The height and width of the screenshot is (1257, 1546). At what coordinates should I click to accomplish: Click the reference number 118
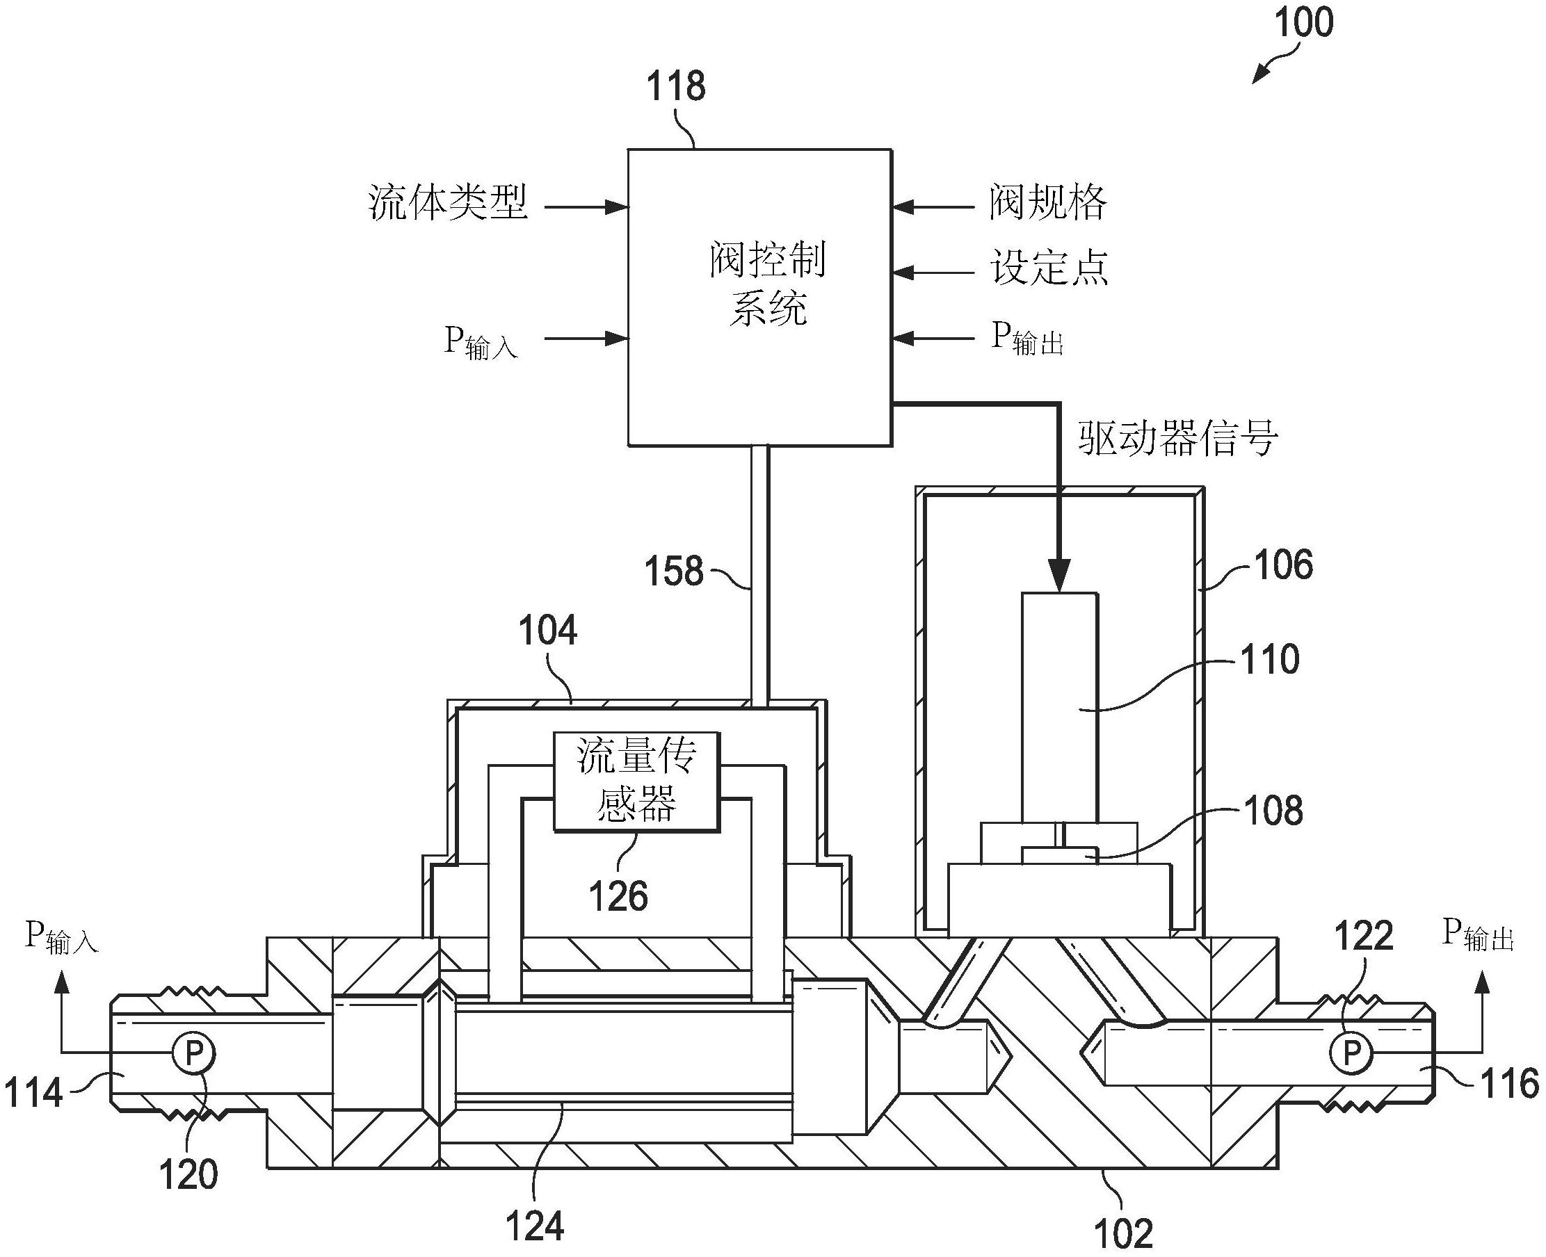[x=675, y=87]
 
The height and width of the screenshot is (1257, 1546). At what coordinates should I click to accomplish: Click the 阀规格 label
[x=1048, y=203]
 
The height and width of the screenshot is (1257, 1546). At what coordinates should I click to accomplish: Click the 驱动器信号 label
[x=1177, y=438]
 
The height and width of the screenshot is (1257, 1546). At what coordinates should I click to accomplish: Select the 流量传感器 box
[x=636, y=781]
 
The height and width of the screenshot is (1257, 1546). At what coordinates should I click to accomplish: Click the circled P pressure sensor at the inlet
[x=193, y=1053]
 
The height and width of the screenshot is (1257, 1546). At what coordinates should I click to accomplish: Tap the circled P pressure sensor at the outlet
[x=1351, y=1053]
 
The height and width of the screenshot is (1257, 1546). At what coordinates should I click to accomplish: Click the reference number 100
[x=1303, y=23]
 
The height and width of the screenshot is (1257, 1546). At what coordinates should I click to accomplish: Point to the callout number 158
[x=673, y=571]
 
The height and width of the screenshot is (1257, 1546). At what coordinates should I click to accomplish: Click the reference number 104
[x=547, y=631]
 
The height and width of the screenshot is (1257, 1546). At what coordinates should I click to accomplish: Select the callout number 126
[x=618, y=896]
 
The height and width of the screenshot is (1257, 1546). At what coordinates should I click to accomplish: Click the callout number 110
[x=1270, y=660]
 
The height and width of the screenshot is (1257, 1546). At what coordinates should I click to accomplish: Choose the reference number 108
[x=1273, y=810]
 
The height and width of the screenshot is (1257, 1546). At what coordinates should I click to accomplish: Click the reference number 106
[x=1283, y=565]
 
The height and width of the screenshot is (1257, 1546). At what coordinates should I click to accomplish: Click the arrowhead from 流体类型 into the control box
[x=617, y=208]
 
